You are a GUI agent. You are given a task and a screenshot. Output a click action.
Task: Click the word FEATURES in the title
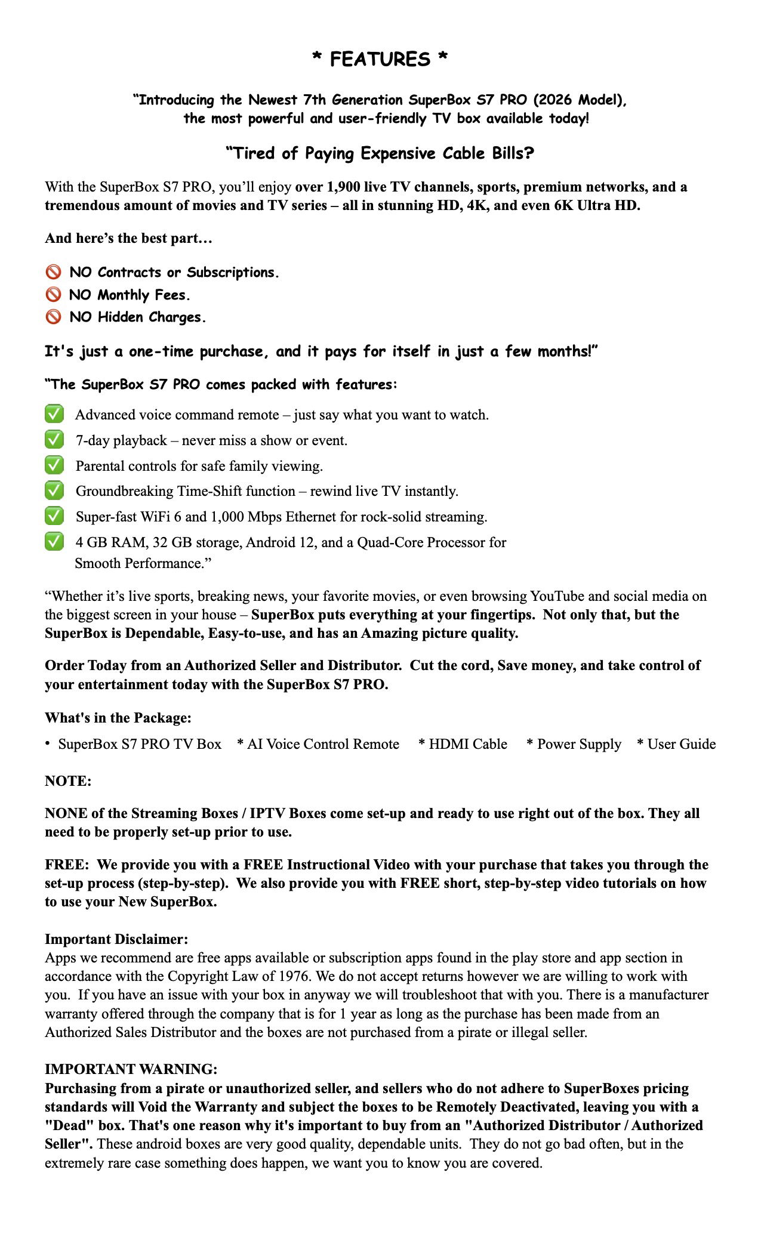pos(380,59)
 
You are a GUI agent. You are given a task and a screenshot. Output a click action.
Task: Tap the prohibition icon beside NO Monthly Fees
pos(54,295)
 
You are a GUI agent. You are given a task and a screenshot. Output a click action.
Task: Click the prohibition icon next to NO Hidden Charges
pos(54,317)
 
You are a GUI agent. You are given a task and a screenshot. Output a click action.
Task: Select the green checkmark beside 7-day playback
pos(54,440)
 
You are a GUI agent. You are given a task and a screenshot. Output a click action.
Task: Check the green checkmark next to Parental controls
pos(54,465)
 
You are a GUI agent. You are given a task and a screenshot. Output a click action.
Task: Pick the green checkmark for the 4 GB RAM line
pos(54,542)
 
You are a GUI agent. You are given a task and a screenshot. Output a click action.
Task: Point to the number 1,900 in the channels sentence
pos(343,187)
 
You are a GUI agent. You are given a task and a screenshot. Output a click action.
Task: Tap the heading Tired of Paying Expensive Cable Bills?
pos(380,153)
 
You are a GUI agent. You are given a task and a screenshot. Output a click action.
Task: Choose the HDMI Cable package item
pos(467,744)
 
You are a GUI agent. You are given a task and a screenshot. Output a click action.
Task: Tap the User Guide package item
pos(681,744)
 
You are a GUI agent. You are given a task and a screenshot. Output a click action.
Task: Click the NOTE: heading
pos(68,781)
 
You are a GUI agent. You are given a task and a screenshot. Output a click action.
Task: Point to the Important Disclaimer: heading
pos(116,939)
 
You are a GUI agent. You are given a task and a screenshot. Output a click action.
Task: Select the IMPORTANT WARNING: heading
pos(131,1069)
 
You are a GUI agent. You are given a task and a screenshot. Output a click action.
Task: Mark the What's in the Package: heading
pos(118,718)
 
